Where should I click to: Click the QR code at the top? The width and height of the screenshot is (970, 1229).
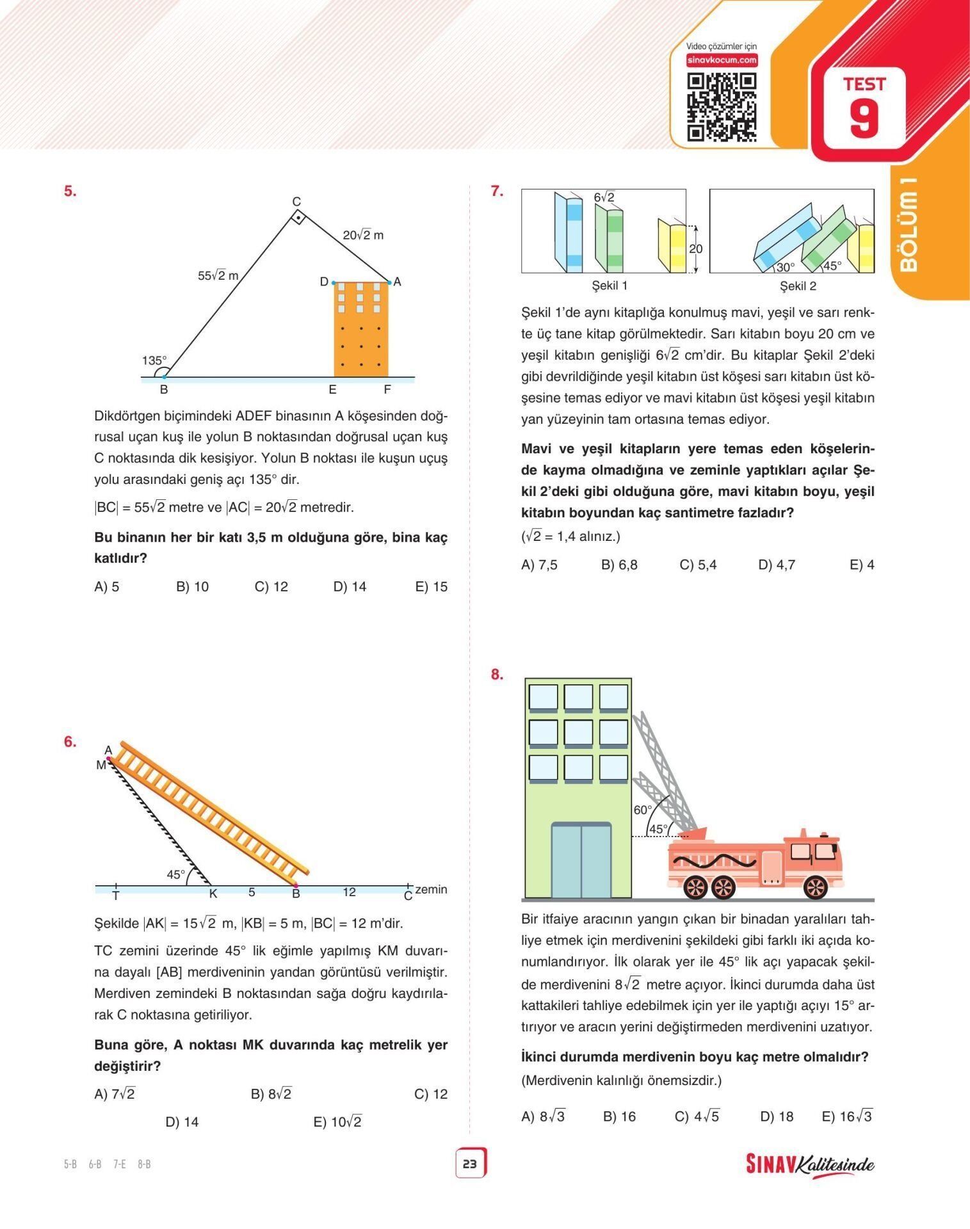click(x=722, y=107)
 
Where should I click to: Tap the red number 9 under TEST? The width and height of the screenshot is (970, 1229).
click(x=864, y=118)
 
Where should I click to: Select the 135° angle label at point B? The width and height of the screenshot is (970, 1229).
click(x=154, y=360)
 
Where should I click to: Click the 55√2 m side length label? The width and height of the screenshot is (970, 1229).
click(x=218, y=276)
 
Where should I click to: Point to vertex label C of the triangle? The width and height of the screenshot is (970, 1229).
click(x=296, y=202)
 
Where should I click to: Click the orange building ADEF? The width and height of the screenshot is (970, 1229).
click(x=361, y=329)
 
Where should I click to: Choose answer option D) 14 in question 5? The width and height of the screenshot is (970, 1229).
click(x=350, y=586)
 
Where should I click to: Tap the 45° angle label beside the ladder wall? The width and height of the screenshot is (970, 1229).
click(x=175, y=874)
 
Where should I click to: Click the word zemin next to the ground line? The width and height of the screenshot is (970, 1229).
click(x=431, y=889)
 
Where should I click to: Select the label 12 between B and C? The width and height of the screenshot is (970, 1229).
click(x=349, y=892)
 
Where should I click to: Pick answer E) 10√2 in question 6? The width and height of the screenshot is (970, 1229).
click(x=337, y=1121)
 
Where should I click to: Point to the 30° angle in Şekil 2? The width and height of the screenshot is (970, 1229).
click(x=785, y=267)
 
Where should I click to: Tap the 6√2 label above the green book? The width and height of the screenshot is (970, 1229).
click(x=604, y=198)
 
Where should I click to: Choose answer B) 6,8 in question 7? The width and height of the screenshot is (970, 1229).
click(x=619, y=565)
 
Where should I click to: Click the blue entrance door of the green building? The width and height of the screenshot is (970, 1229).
click(x=581, y=860)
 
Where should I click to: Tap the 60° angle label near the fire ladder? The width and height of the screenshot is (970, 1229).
click(x=642, y=810)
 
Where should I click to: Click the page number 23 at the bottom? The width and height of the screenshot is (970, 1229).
click(x=470, y=1164)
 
